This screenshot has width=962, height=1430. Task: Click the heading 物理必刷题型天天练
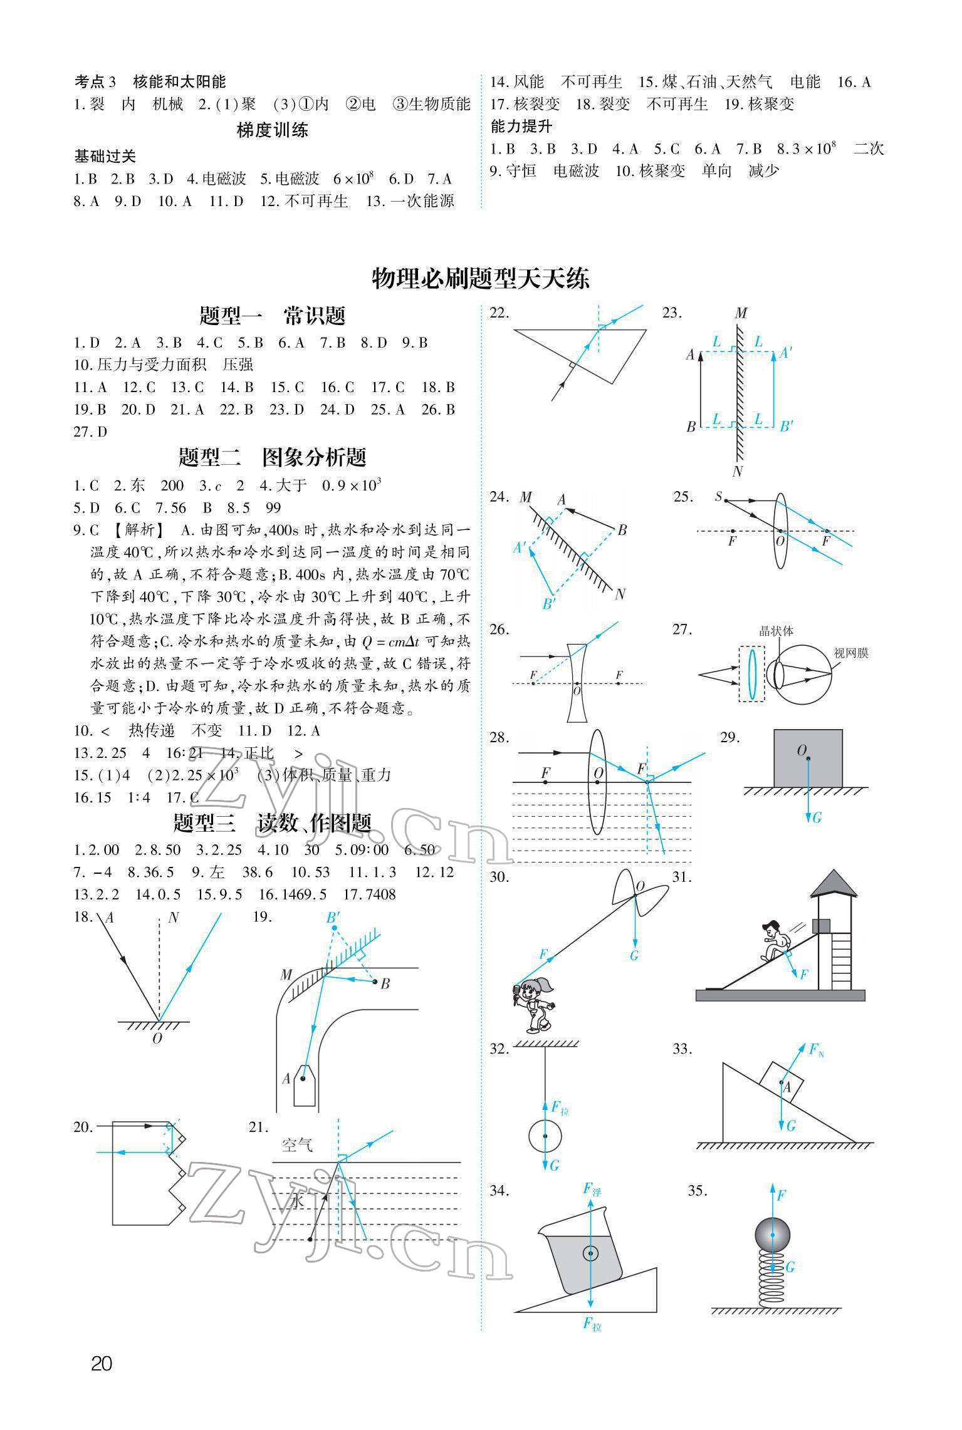481,278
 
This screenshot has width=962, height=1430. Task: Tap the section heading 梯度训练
272,130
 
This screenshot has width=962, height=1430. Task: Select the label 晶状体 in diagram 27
776,631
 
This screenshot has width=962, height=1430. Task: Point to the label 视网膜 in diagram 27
851,653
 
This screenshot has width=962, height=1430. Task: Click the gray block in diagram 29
808,757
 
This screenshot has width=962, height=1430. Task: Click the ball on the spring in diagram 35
773,1235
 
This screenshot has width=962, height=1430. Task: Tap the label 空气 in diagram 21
297,1145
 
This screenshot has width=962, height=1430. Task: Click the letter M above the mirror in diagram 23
741,313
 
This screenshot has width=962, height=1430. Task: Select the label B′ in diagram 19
333,918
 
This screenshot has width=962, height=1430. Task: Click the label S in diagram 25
718,497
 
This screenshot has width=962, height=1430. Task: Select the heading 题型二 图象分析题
272,457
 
